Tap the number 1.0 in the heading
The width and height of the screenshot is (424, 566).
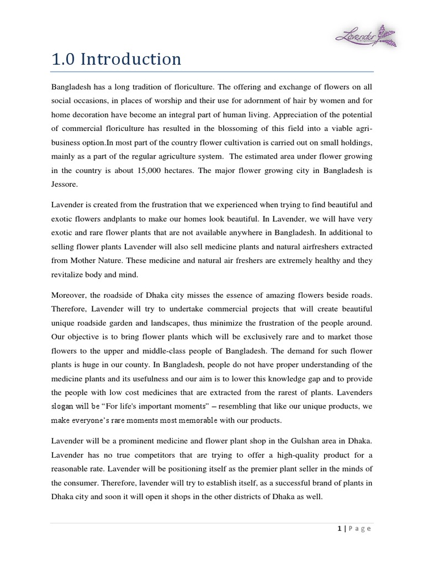(x=63, y=59)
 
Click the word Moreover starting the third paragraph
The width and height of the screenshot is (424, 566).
(x=70, y=294)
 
